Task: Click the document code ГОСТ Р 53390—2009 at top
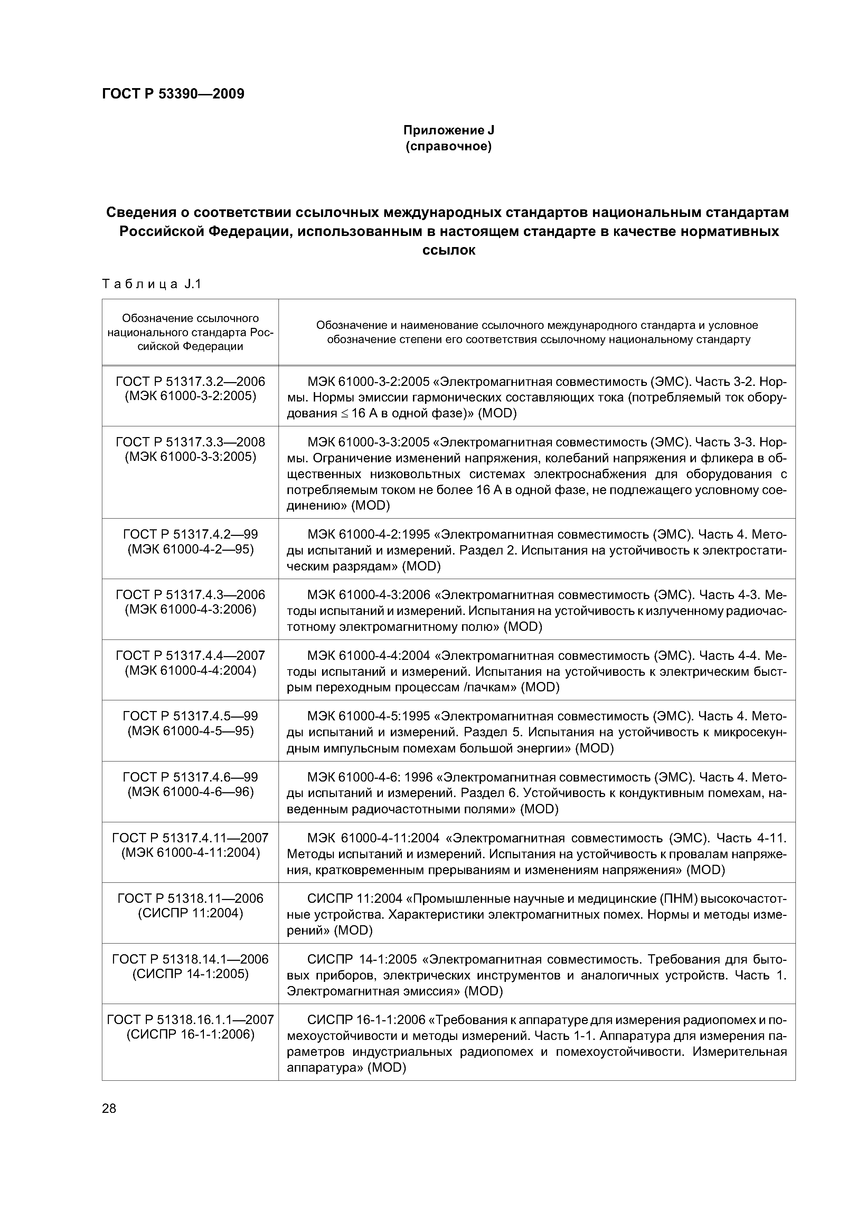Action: [173, 94]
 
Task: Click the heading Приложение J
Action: [448, 130]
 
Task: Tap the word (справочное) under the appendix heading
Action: [448, 146]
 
